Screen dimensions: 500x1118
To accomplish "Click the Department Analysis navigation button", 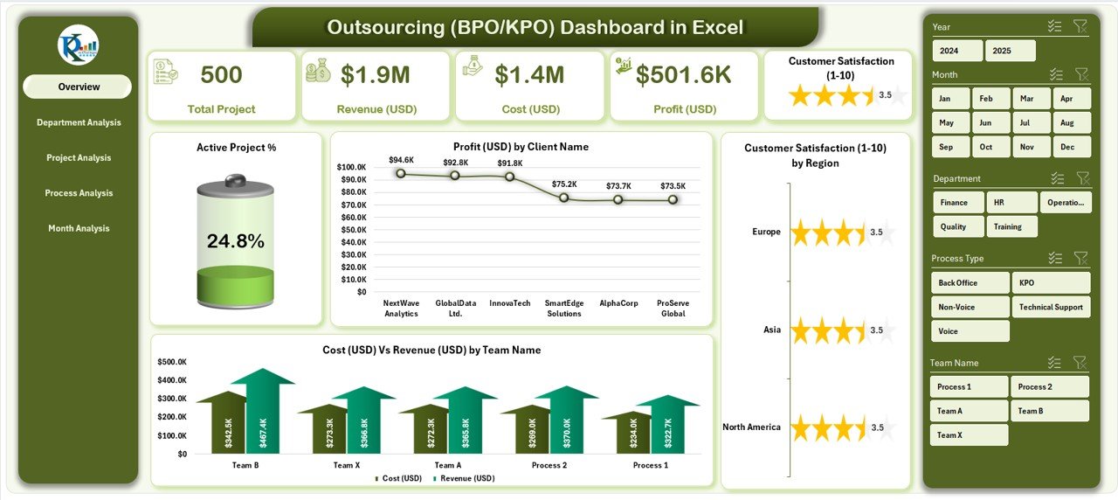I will [79, 122].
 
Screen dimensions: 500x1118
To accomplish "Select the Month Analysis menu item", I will [79, 228].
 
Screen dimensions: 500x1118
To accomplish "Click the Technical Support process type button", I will [1051, 307].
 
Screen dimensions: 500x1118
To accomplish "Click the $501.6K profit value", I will [683, 75].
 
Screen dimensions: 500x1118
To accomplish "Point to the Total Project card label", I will [221, 109].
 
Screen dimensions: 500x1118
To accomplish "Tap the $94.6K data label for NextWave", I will [401, 160].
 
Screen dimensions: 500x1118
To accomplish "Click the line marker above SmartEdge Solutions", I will [564, 198].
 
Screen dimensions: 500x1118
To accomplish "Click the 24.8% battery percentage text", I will [235, 241].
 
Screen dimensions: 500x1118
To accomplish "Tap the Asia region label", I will [771, 330].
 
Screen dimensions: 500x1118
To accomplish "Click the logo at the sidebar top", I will [79, 45].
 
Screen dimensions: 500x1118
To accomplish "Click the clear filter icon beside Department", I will [1082, 178].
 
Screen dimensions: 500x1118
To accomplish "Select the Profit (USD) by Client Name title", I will [521, 147].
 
